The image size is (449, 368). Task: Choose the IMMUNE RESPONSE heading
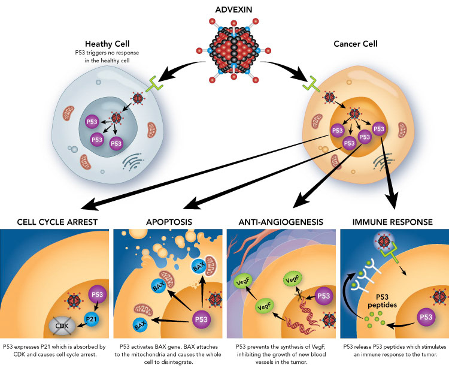(x=393, y=222)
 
